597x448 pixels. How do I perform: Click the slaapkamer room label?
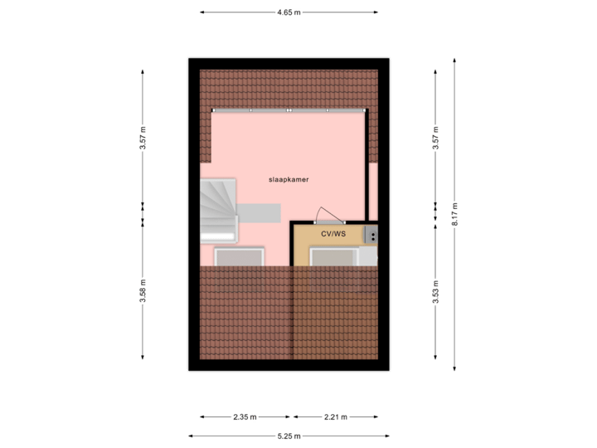289,179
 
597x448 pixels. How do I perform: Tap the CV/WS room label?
332,235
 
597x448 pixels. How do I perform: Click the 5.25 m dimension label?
288,436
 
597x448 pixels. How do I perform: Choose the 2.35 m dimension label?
246,416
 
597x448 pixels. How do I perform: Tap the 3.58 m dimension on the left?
143,291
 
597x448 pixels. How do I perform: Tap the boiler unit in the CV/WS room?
371,236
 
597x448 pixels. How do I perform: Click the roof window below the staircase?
240,256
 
